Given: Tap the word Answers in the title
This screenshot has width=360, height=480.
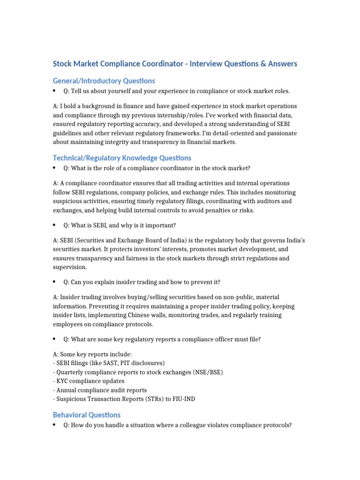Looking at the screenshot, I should (x=278, y=64).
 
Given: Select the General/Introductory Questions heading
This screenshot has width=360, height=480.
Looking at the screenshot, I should (x=104, y=81).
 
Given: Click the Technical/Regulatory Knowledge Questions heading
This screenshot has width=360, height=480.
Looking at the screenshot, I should (x=122, y=158).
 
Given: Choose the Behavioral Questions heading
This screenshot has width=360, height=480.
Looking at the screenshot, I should (x=87, y=415).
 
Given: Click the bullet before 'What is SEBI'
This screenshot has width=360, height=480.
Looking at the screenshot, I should (x=55, y=225).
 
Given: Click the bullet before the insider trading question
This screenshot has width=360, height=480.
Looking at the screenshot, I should (x=55, y=282).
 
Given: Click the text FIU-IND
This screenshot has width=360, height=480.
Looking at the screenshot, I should (x=184, y=399).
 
